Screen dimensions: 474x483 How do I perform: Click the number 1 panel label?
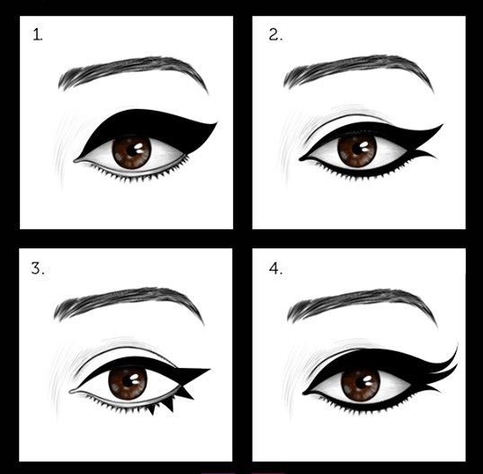click(38, 36)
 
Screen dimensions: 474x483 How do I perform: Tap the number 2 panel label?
click(275, 37)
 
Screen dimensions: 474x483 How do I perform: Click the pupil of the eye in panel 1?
click(132, 150)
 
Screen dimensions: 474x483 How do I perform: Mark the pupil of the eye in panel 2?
click(357, 150)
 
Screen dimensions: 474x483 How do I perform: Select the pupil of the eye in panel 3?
click(128, 383)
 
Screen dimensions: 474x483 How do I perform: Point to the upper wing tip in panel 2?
click(443, 127)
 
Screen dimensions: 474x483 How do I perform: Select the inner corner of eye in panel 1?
click(76, 161)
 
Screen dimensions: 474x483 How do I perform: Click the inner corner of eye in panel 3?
click(72, 392)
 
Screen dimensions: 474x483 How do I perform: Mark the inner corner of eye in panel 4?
click(305, 393)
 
